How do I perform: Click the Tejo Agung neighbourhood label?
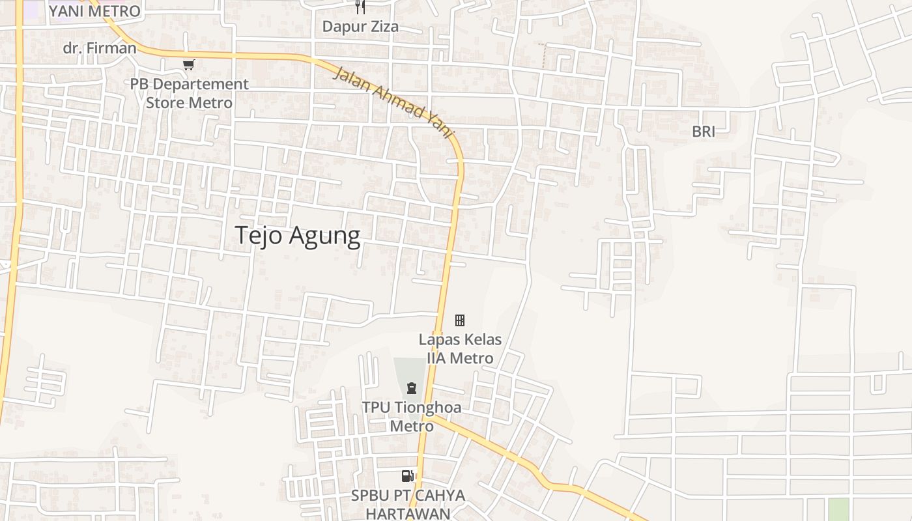point(297,235)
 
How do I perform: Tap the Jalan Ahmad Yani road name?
point(393,102)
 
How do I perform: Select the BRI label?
point(704,132)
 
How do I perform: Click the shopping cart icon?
point(188,64)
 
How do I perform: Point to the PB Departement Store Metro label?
point(189,93)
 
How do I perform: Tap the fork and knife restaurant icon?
point(360,7)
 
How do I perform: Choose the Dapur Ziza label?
point(361,27)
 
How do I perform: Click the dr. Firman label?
point(100,48)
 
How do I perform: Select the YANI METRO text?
point(94,11)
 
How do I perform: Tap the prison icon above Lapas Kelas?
point(460,320)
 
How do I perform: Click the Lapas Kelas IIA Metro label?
point(460,348)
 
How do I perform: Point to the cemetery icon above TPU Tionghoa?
point(412,388)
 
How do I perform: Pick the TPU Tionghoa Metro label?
point(412,417)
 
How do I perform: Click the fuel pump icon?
point(408,476)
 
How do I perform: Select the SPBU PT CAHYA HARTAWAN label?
point(408,504)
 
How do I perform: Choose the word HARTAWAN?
point(408,513)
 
